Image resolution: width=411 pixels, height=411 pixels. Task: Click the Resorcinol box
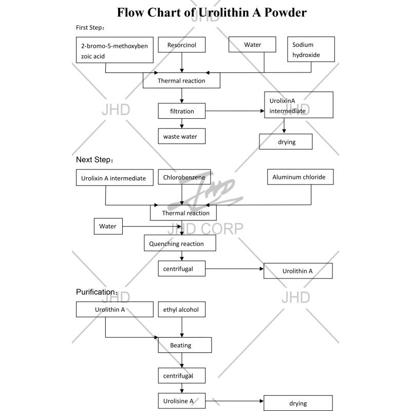point(181,45)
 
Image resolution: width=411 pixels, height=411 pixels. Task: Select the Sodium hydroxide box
point(310,49)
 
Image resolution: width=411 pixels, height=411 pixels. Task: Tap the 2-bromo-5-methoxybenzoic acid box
point(114,50)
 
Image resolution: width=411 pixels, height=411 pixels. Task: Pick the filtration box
point(182,111)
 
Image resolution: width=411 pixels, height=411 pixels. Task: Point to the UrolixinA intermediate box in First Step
point(298,105)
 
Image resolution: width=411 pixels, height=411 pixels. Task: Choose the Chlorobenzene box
point(184,178)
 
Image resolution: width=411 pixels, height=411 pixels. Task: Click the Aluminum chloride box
point(299,177)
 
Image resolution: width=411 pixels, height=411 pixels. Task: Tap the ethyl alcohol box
point(181,309)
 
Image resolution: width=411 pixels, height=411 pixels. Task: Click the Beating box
point(184,345)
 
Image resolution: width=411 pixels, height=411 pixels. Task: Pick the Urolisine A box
point(182,400)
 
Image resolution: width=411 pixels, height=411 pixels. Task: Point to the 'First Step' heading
point(90,27)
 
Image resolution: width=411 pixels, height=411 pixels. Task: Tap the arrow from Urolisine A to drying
point(234,400)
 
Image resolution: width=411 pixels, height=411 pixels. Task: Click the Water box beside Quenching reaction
point(108,226)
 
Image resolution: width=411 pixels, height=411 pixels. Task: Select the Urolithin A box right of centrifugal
point(298,271)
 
